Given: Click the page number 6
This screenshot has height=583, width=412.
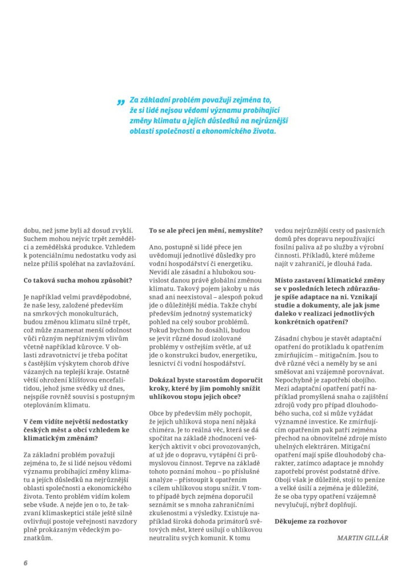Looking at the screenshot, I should tap(26, 563).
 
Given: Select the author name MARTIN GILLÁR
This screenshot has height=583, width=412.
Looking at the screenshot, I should tap(362, 537).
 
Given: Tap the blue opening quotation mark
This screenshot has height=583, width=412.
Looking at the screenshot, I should tap(121, 102).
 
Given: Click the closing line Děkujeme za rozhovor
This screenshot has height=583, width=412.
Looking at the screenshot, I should tap(310, 521).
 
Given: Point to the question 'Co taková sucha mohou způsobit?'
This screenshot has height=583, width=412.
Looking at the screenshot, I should tap(70, 280).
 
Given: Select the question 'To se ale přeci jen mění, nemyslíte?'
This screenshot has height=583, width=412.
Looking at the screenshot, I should tap(205, 231).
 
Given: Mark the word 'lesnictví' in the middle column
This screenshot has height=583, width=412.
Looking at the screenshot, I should tap(166, 363).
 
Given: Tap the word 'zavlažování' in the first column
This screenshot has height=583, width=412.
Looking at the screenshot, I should tap(112, 264).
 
